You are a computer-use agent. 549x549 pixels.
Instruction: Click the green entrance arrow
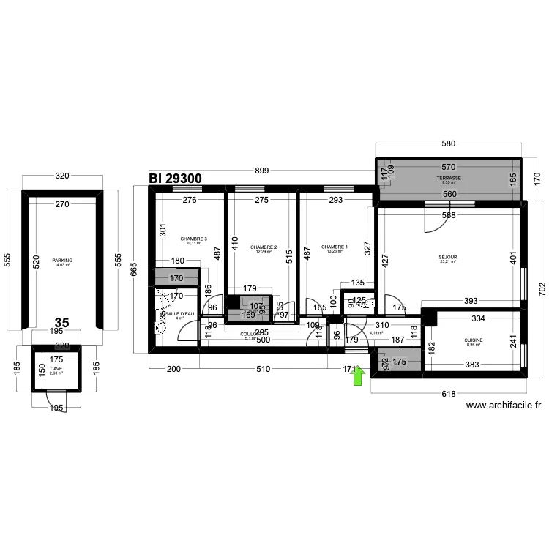[359, 376]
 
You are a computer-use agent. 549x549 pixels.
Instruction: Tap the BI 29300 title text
[175, 178]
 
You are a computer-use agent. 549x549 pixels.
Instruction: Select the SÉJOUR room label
[447, 258]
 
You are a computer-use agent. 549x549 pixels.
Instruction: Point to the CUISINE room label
[473, 340]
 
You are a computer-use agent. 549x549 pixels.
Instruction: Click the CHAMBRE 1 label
[334, 247]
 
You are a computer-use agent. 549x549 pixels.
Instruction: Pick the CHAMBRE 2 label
[263, 247]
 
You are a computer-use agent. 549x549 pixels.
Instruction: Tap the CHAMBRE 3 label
[193, 239]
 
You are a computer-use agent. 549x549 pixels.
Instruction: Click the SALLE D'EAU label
[180, 314]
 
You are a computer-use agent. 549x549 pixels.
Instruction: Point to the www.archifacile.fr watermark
[504, 406]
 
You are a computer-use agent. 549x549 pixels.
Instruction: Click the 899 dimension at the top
[261, 171]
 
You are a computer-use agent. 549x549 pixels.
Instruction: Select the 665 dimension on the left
[133, 270]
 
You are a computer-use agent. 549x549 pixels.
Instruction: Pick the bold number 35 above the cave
[61, 322]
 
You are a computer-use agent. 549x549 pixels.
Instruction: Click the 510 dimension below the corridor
[262, 369]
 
